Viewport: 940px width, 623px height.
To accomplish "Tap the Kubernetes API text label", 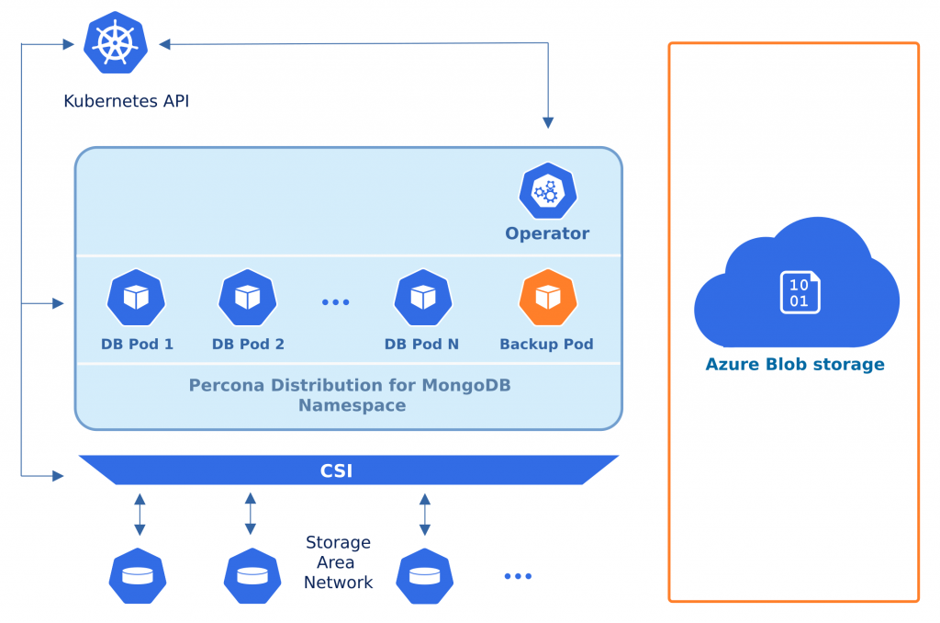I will (x=126, y=100).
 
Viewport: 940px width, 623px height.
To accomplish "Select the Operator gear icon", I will (x=547, y=191).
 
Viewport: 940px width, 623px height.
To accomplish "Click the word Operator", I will (x=547, y=233).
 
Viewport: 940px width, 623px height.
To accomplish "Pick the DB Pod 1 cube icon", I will (x=136, y=298).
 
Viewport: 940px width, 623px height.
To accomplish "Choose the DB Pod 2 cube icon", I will (x=247, y=298).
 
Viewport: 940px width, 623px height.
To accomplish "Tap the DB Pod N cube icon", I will (x=422, y=298).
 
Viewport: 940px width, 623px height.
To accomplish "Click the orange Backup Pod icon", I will (x=547, y=298).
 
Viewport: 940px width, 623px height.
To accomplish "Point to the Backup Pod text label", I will (x=546, y=345).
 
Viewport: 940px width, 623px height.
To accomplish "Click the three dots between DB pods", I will (x=335, y=301).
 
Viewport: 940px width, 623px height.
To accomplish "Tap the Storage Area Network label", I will (x=338, y=562).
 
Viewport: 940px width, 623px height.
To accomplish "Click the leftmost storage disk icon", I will (x=138, y=576).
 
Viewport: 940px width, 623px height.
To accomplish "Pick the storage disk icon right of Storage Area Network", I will (x=424, y=576).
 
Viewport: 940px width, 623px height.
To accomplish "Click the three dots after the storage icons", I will (x=518, y=576).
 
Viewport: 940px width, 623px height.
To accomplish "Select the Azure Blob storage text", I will (x=794, y=365).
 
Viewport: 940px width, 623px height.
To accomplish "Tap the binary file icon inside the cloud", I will (x=799, y=291).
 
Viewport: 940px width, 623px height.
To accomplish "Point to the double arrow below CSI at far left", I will (x=140, y=514).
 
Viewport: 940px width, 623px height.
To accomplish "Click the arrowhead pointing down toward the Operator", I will (x=548, y=122).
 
